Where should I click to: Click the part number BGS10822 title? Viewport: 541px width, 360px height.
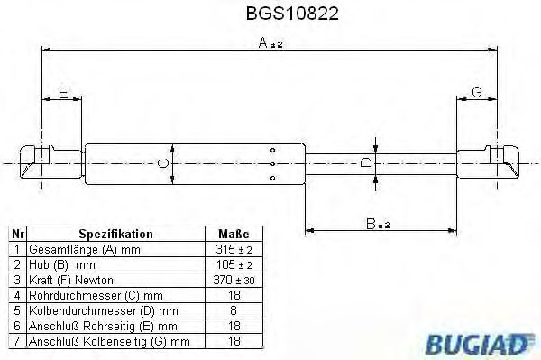[x=268, y=14]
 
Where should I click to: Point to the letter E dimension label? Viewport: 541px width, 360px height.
[x=62, y=92]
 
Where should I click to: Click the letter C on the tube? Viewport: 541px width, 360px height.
[x=162, y=163]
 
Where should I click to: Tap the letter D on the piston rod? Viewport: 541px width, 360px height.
[x=365, y=163]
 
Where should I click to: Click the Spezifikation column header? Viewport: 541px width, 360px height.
[x=115, y=233]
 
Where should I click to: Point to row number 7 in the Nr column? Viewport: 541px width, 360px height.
[x=15, y=340]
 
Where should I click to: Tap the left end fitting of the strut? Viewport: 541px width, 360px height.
[x=41, y=162]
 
